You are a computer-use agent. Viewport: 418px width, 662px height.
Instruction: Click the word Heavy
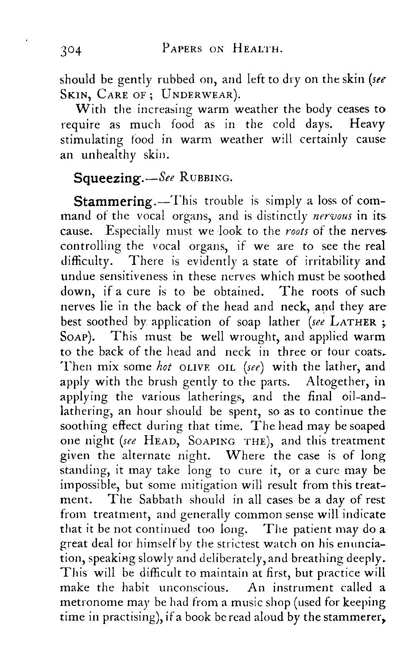click(x=367, y=124)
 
